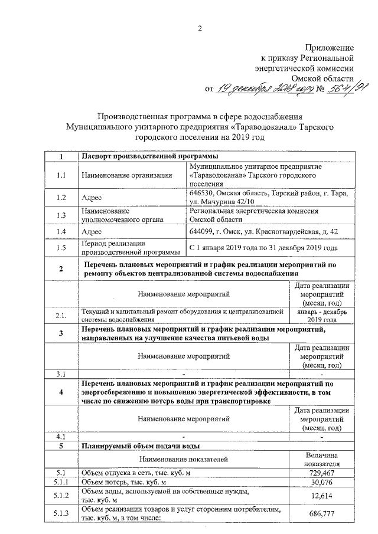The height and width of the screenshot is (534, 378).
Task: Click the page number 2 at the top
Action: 200,29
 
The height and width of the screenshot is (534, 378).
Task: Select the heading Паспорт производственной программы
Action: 150,156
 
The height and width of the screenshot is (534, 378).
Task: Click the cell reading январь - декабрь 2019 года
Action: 322,315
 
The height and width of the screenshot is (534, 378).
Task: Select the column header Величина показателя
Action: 322,459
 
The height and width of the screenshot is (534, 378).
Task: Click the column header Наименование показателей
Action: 183,459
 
